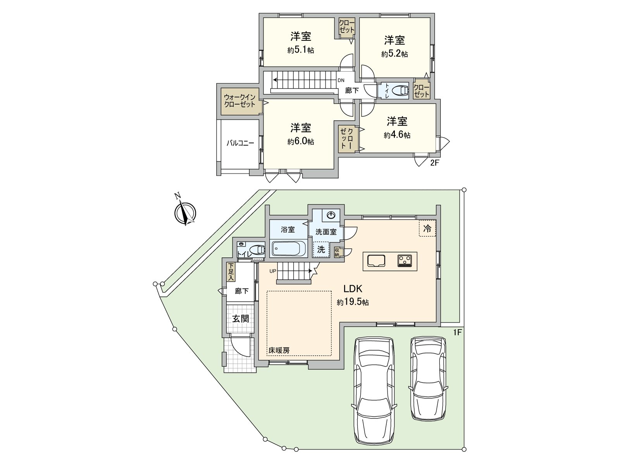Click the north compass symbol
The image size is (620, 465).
[x=185, y=212]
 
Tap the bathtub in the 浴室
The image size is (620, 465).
[x=289, y=248]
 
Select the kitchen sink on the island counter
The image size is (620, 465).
[x=375, y=261]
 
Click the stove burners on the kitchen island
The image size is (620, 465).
[x=405, y=261]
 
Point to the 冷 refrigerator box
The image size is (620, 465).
[x=427, y=229]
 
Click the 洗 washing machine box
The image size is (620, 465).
[x=321, y=249]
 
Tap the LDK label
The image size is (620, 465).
[x=353, y=289]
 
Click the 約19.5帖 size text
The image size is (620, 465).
[x=353, y=303]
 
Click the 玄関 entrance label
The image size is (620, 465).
[x=240, y=319]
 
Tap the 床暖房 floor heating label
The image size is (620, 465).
[x=279, y=350]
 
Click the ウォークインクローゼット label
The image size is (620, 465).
[x=240, y=101]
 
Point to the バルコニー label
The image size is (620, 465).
[x=240, y=143]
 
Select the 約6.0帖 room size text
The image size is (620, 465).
[x=301, y=142]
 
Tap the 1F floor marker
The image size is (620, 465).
[x=458, y=332]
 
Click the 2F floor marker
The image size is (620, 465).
[x=434, y=163]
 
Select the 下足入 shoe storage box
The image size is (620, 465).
[x=231, y=272]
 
